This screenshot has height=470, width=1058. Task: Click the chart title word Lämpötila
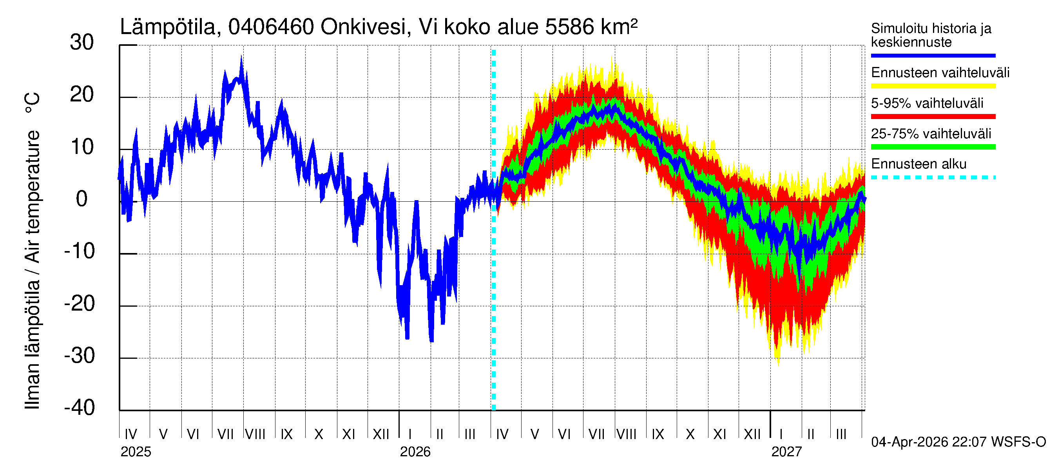coord(168,27)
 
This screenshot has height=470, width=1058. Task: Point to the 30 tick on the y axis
coord(82,43)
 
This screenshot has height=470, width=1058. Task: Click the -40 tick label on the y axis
coord(79,408)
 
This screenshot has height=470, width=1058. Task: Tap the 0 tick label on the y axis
coord(82,199)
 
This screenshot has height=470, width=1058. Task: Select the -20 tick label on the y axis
coord(79,304)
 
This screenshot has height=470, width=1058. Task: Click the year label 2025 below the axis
coord(136,452)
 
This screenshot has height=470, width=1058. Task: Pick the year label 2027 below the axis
coord(786,452)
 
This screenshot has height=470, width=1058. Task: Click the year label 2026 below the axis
coord(415,452)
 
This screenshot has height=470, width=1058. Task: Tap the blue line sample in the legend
coord(933,55)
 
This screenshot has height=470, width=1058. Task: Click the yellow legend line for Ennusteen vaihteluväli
coord(933,86)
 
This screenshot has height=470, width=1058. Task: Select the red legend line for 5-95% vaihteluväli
coord(933,117)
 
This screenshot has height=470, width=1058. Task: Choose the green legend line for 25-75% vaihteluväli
coord(933,147)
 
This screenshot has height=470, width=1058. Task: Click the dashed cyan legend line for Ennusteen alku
coord(933,178)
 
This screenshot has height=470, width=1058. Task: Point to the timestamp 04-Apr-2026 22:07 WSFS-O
coord(958,442)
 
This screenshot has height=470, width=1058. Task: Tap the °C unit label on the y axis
coord(33,103)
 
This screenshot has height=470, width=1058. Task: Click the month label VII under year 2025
coord(225,434)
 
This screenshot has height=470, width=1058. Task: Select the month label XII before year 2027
coord(752,434)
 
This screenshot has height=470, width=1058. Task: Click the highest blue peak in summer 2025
coord(241,58)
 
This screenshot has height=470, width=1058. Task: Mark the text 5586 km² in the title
coord(591,27)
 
